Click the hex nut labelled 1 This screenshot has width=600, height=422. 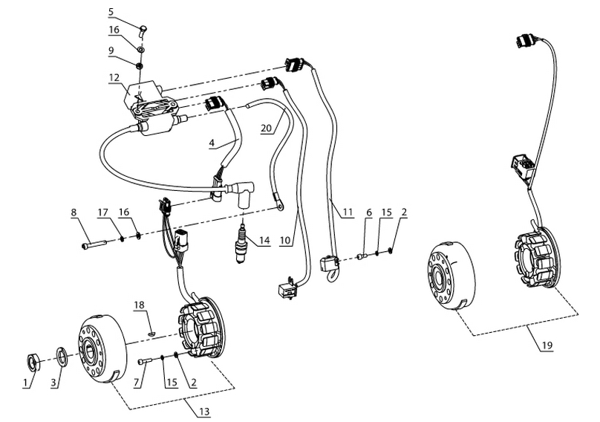(32, 363)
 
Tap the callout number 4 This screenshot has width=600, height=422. (212, 141)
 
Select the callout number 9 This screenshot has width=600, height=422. (111, 51)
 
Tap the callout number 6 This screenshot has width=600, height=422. (369, 212)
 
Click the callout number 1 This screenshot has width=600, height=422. (25, 383)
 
